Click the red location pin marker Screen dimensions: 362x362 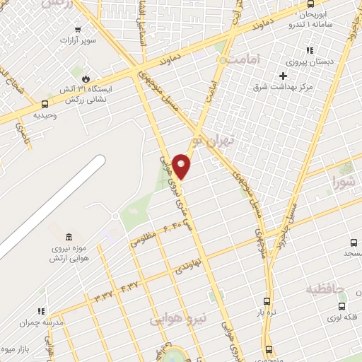coord(181,165)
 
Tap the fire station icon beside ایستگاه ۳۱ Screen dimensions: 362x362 coord(86,78)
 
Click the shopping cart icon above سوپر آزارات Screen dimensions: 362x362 coord(78,30)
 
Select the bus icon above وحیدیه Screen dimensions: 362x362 coord(46,105)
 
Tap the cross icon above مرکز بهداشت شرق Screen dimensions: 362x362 coord(284,76)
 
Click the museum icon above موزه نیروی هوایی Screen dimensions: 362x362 coord(68,237)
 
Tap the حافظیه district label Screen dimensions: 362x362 coord(325,288)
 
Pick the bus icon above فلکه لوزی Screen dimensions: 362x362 coord(342,306)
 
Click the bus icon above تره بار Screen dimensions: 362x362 coord(267,300)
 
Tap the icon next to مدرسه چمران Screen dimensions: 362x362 coord(41,311)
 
